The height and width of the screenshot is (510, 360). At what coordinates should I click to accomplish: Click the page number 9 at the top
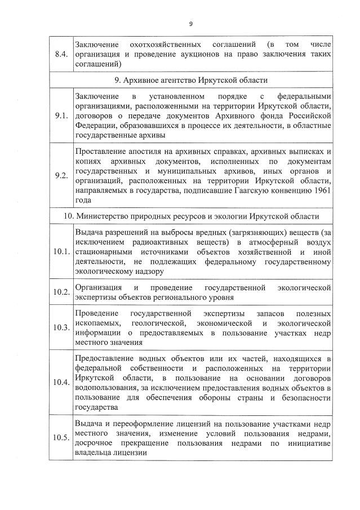pyautogui.click(x=191, y=23)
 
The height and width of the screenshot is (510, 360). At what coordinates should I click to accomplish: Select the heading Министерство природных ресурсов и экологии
pyautogui.click(x=191, y=216)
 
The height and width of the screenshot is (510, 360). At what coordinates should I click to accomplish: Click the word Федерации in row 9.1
pyautogui.click(x=94, y=126)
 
